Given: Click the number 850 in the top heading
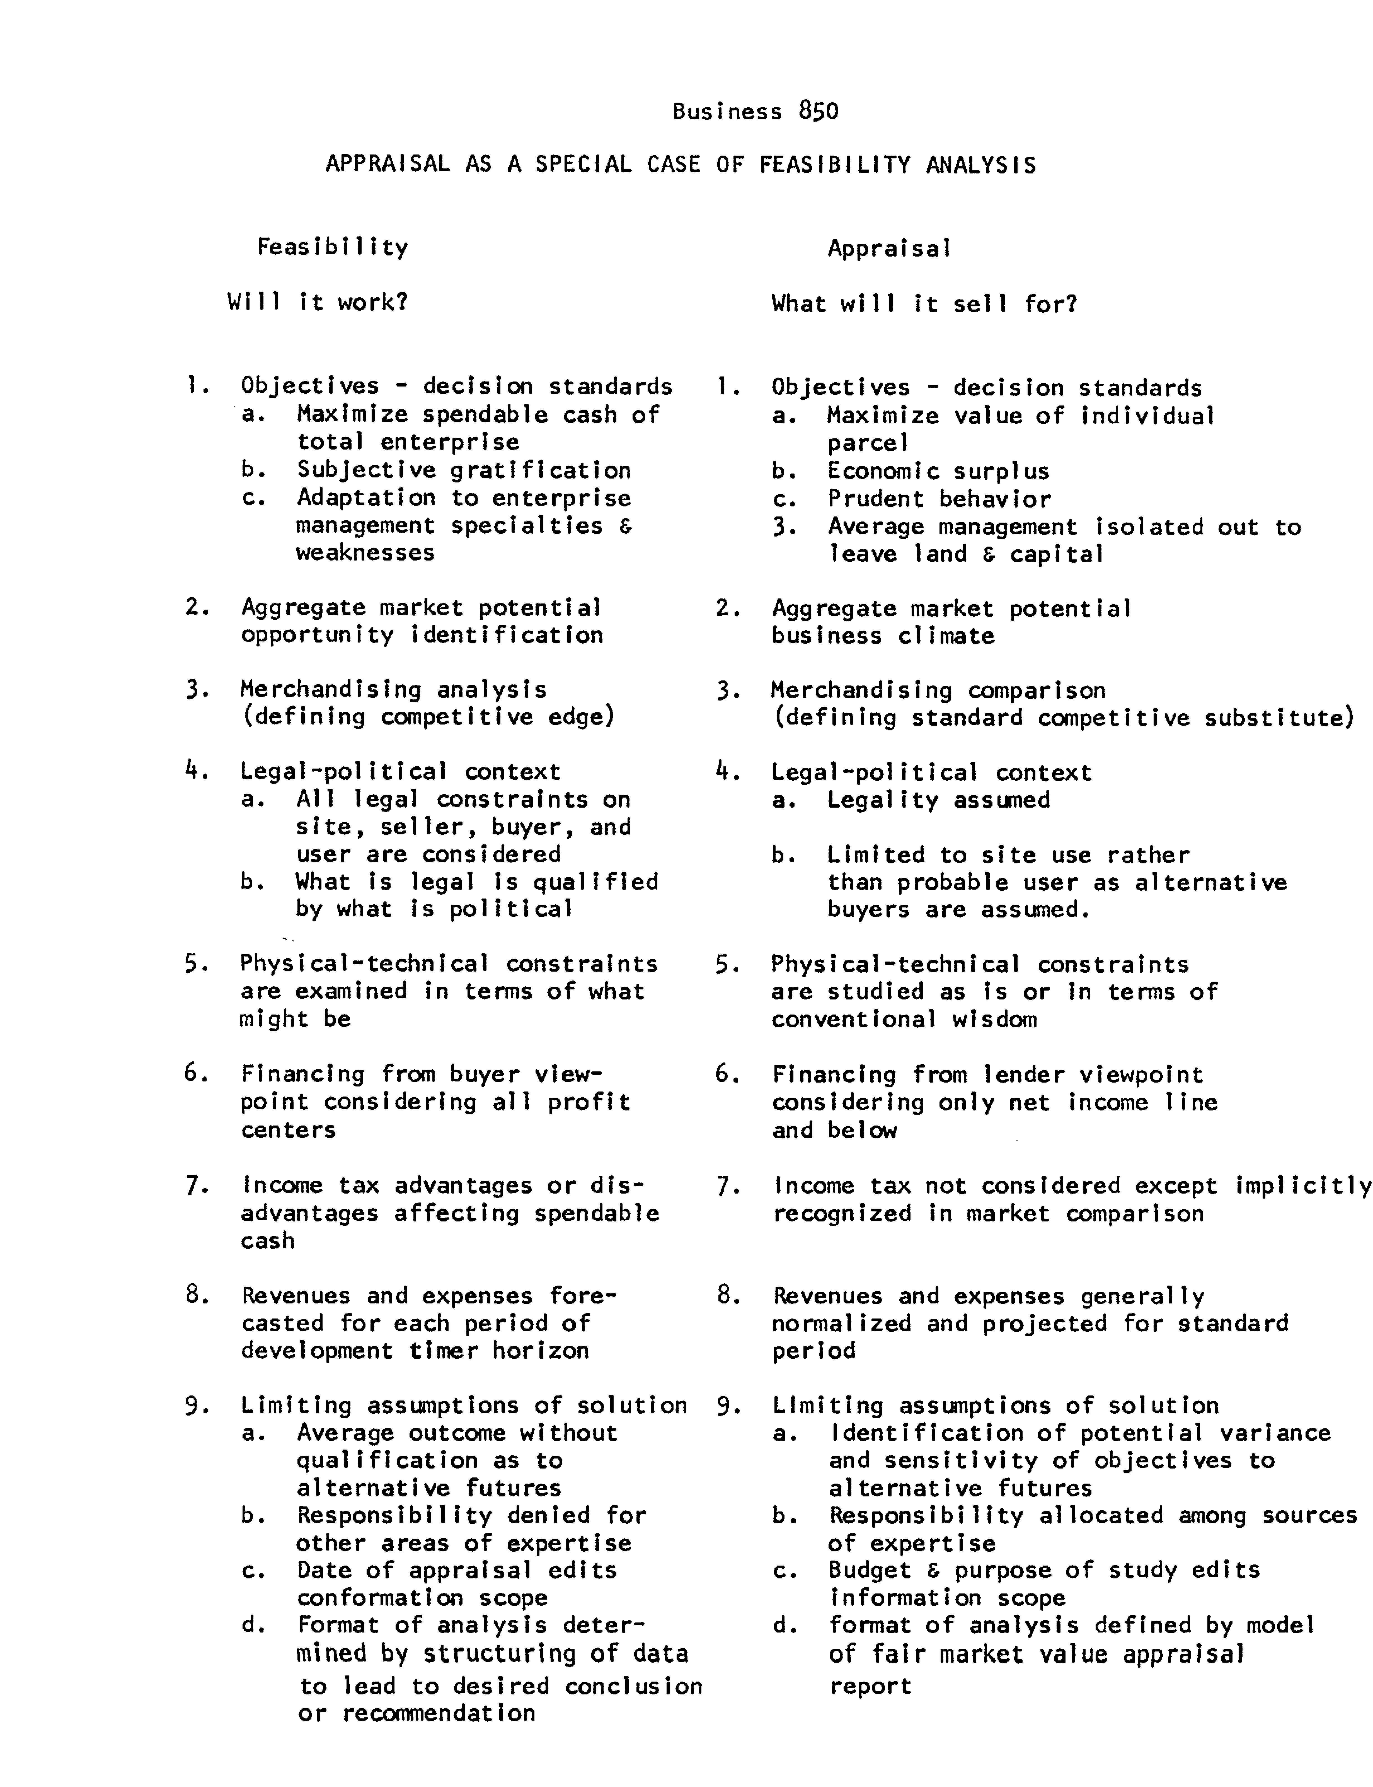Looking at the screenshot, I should tap(819, 111).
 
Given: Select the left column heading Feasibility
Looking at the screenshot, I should tap(333, 247).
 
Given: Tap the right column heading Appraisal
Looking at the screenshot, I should tap(889, 248).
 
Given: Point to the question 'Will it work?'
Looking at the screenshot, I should tap(317, 303).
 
